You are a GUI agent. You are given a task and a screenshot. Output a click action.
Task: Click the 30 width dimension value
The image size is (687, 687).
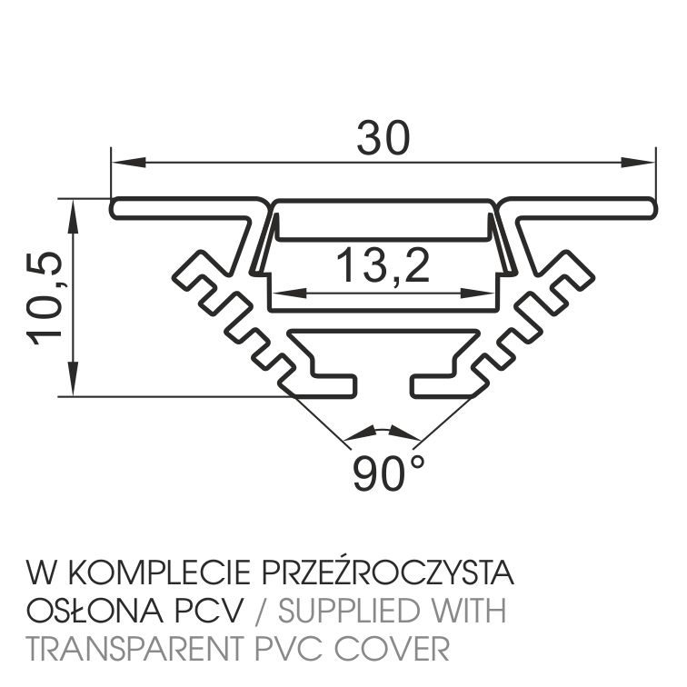click(383, 137)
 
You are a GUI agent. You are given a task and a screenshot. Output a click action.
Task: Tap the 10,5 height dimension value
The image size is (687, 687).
click(44, 299)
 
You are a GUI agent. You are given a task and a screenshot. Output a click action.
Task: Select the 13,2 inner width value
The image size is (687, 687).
click(383, 265)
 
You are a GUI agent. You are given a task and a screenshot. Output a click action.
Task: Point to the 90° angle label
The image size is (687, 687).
click(388, 473)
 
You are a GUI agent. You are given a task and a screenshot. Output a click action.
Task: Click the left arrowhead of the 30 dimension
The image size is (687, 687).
click(128, 162)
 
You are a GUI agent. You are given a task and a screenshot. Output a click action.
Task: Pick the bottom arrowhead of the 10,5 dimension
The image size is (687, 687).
click(74, 380)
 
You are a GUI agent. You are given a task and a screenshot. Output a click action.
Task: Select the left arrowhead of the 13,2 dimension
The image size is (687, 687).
click(289, 294)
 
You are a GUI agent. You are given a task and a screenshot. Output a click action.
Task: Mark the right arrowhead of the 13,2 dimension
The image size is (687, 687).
click(477, 294)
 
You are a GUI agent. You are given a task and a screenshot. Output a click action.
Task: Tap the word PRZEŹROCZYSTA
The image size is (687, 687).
click(388, 572)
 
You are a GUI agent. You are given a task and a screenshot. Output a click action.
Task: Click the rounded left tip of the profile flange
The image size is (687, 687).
click(113, 208)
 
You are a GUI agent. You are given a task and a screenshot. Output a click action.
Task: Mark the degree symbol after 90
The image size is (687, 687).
click(418, 462)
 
